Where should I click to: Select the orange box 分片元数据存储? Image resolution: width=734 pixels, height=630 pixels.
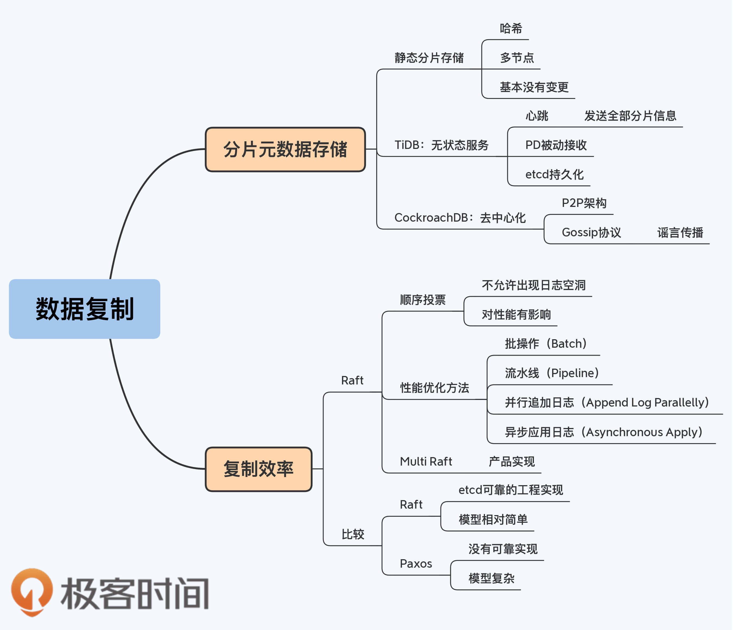285,149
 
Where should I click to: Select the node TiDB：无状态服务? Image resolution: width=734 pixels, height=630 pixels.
442,145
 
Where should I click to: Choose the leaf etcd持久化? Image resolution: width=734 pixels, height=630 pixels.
554,175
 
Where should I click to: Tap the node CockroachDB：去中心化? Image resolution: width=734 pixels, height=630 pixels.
460,218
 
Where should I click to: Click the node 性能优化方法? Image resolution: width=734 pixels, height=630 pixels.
435,388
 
